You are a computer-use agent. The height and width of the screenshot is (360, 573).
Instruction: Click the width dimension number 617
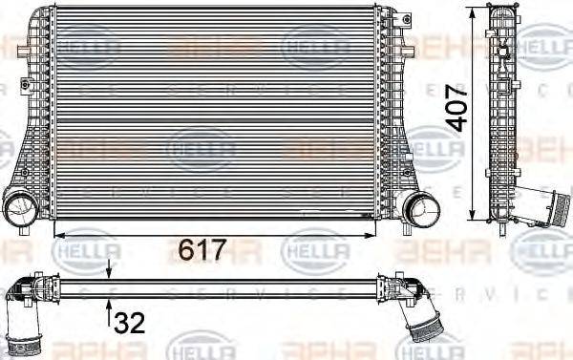pos(202,250)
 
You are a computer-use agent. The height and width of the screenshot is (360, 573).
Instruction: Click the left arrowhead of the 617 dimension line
pos(60,232)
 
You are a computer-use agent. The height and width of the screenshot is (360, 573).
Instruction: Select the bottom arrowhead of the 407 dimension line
pos(475,214)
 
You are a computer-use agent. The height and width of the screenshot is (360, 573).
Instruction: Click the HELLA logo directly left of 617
pos(90,250)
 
